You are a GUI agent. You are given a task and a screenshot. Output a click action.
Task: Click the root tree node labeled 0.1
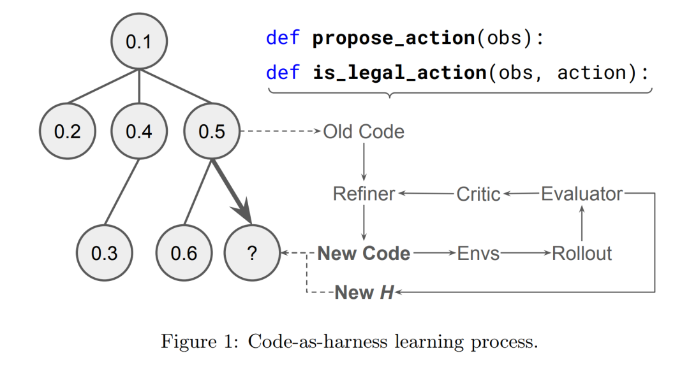coord(138,42)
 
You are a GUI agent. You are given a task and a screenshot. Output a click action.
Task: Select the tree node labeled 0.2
coord(67,132)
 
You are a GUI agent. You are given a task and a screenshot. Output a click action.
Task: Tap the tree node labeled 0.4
coord(138,132)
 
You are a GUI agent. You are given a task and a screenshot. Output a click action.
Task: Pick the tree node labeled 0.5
coord(212,132)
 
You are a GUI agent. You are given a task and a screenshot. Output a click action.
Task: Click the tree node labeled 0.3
coord(104,253)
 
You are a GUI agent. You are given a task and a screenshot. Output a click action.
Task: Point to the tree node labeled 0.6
coord(184,253)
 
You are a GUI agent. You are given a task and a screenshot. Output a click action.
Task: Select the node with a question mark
coord(251,253)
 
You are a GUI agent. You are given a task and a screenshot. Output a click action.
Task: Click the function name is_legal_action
coord(400,72)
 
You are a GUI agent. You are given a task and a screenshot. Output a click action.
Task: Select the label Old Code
coord(364,132)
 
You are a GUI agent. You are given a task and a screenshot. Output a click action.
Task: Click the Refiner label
coord(364,194)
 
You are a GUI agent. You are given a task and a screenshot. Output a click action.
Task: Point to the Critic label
coord(478,194)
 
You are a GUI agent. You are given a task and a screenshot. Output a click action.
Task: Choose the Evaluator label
coord(582,194)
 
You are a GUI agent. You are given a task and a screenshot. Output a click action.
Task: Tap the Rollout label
coord(582,253)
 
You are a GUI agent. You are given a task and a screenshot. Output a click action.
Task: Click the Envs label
coord(478,253)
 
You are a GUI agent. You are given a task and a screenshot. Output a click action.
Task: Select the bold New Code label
coord(364,253)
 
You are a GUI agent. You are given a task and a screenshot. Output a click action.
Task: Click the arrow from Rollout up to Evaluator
coord(582,223)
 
